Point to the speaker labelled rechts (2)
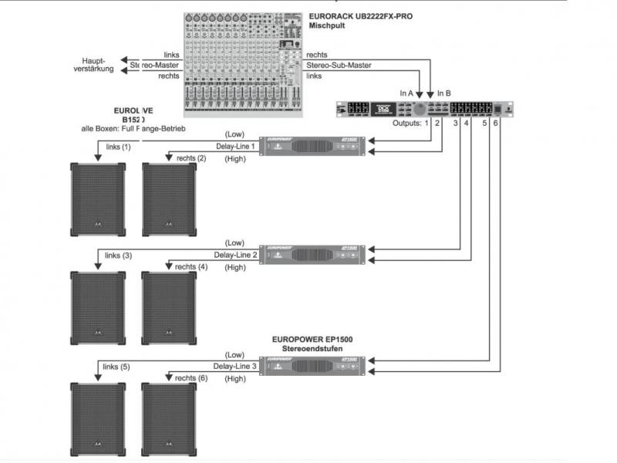coord(169,199)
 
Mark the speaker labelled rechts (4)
coord(169,308)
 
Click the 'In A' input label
coord(406,93)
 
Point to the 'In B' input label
coord(443,93)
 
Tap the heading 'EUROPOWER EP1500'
coord(312,339)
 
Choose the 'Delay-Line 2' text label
coord(234,255)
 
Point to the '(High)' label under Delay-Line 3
coord(234,378)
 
